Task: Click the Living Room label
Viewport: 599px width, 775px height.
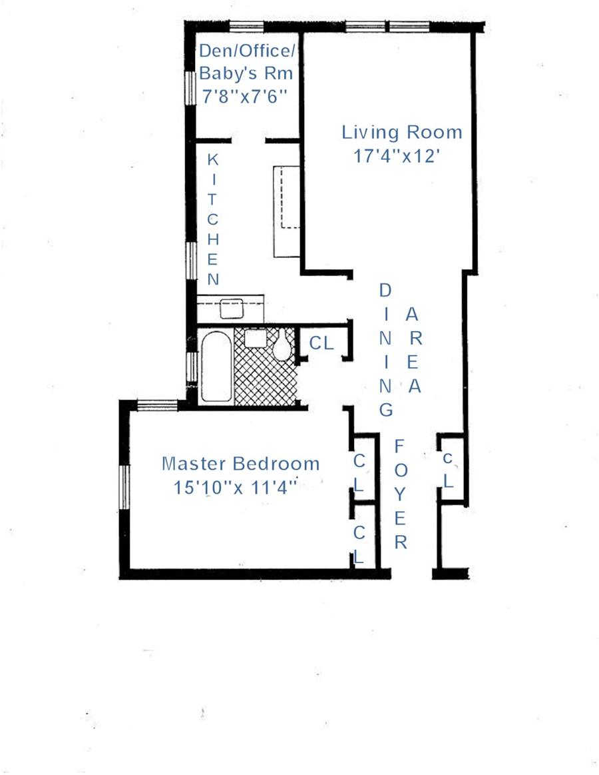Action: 402,133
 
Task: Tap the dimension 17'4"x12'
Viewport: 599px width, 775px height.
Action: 397,156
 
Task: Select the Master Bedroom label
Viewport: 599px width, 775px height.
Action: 241,464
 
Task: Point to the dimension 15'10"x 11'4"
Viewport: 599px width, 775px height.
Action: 235,488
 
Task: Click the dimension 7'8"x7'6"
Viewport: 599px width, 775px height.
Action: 244,96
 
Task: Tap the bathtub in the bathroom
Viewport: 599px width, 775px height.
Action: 216,367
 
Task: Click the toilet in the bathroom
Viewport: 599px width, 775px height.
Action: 282,345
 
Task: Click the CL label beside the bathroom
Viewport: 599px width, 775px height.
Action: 321,343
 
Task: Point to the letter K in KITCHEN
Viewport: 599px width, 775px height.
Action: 212,160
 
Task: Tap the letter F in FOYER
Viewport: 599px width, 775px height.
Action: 399,446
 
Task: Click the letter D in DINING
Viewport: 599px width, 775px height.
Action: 385,290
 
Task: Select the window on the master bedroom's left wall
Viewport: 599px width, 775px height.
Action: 124,487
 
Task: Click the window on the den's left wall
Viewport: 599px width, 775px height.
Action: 190,88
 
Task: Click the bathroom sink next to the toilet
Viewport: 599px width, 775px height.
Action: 256,339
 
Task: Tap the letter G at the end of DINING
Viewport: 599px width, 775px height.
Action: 386,410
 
